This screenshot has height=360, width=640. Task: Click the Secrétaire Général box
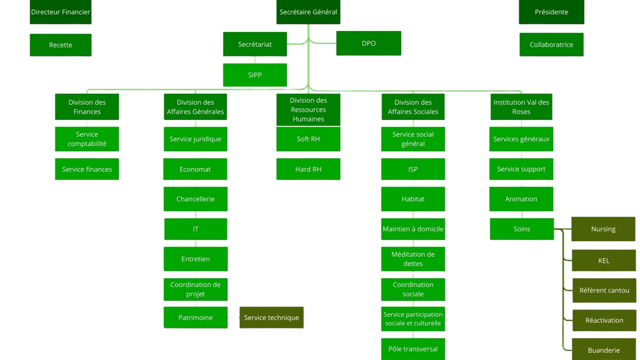coord(308,12)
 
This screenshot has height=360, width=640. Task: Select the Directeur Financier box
coord(60,12)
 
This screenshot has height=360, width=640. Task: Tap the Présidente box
coord(551,12)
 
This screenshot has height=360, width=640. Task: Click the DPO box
coord(369,43)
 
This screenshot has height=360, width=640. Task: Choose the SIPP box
coord(255,75)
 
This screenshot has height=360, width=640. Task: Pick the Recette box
coord(60,45)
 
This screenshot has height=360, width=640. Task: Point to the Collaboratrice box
coord(551,45)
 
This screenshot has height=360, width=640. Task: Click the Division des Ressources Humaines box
coord(308,110)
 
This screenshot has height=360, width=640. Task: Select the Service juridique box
coord(195,139)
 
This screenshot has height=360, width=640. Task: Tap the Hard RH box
coord(308,169)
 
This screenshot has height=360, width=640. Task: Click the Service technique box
coord(271,318)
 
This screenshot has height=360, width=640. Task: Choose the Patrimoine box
coord(195,318)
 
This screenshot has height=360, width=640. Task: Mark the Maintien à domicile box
coord(413,229)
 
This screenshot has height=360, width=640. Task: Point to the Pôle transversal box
coord(413,349)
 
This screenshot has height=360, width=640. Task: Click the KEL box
coord(604,261)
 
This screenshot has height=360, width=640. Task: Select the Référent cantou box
coord(604,290)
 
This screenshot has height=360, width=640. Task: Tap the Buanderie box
coord(604,350)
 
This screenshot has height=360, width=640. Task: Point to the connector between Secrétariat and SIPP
coord(255,60)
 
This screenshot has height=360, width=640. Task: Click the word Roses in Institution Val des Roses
coord(521,112)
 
